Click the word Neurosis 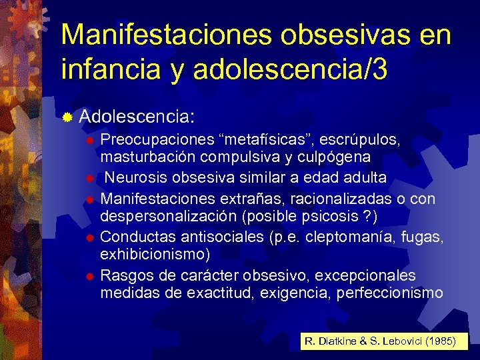coord(134,178)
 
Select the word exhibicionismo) coord(155,254)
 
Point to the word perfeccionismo coord(380,293)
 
